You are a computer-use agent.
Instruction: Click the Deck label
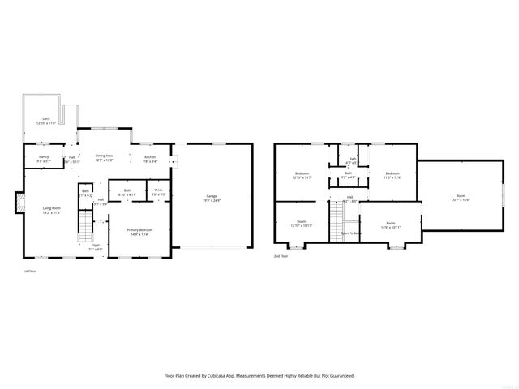(45, 118)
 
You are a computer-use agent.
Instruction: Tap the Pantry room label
(43, 157)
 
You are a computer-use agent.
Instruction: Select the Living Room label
(51, 209)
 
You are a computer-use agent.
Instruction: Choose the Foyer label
(95, 244)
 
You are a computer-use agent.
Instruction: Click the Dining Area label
(104, 156)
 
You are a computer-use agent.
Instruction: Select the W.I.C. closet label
(159, 190)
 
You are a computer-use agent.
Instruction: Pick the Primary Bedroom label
(139, 230)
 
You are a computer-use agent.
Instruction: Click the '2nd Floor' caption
(280, 256)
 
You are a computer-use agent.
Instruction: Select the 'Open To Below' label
(351, 233)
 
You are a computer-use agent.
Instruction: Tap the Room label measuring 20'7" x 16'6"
(460, 196)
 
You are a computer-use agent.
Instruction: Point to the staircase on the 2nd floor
(336, 222)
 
